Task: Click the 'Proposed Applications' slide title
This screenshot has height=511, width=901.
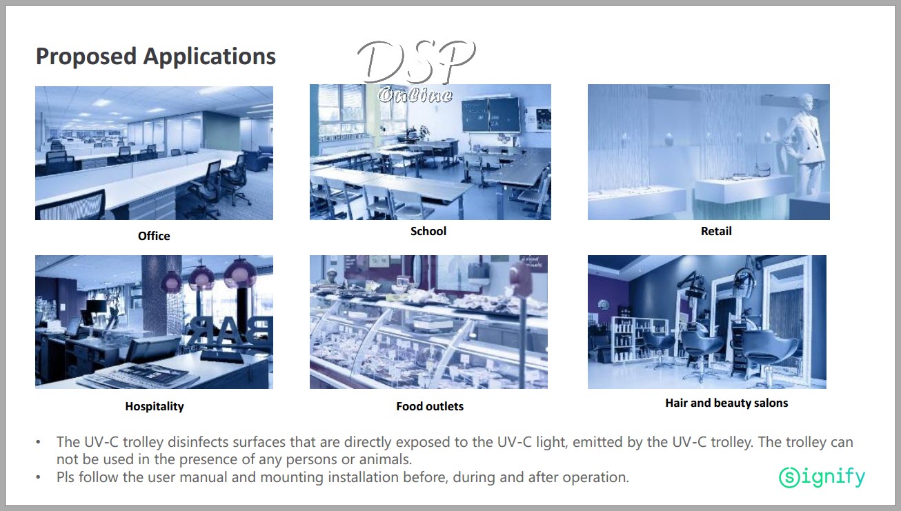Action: click(x=156, y=57)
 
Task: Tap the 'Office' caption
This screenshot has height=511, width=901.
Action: click(x=154, y=236)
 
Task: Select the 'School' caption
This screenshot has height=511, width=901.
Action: click(x=428, y=231)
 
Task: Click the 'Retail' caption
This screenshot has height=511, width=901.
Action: click(x=716, y=231)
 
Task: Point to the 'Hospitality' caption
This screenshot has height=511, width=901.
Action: click(x=155, y=406)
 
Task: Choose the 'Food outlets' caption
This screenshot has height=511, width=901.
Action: click(x=430, y=406)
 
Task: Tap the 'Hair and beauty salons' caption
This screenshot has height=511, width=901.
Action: click(x=726, y=403)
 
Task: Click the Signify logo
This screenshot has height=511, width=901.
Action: click(x=822, y=477)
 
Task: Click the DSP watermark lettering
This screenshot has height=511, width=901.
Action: click(x=416, y=62)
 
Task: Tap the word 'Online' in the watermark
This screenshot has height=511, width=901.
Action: click(x=415, y=95)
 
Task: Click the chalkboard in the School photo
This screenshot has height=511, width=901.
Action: click(x=491, y=114)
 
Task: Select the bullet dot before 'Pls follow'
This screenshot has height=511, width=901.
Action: click(x=38, y=478)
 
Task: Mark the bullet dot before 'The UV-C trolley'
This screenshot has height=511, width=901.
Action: click(x=38, y=443)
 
